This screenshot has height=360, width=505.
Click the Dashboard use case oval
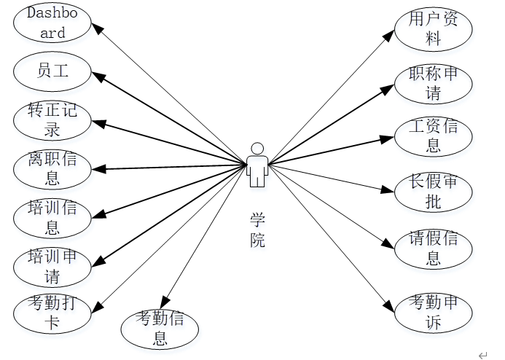coord(52,23)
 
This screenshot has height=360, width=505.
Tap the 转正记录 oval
coord(52,120)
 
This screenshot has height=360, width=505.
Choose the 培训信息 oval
coord(52,218)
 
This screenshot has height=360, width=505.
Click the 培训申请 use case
coord(52,267)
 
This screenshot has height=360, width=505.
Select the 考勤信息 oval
coord(160,328)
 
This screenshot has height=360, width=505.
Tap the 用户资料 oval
coord(433,29)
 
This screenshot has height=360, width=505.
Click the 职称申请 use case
coord(433,84)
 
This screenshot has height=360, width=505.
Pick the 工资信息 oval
coord(433,136)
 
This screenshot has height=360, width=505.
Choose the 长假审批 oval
coord(433,192)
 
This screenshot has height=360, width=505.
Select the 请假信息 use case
coord(433,249)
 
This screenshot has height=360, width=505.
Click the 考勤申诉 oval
coord(433,313)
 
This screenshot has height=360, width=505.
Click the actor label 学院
coord(257,230)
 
